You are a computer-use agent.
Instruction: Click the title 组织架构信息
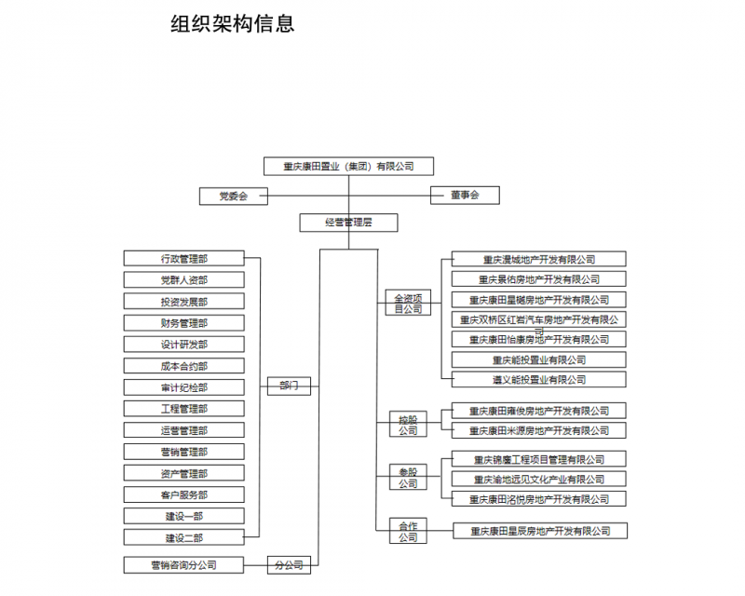pyautogui.click(x=233, y=24)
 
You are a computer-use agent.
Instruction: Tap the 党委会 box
pyautogui.click(x=233, y=196)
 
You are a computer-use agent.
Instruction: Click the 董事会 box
pyautogui.click(x=464, y=195)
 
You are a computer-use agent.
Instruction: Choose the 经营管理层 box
pyautogui.click(x=348, y=223)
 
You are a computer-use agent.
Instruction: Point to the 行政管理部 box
pyautogui.click(x=183, y=258)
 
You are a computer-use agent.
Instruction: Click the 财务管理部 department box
pyautogui.click(x=183, y=323)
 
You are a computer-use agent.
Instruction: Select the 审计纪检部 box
pyautogui.click(x=183, y=387)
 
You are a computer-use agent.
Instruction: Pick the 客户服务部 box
pyautogui.click(x=183, y=494)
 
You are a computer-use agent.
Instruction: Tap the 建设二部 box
pyautogui.click(x=183, y=537)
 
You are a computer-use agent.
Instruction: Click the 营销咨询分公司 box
pyautogui.click(x=183, y=564)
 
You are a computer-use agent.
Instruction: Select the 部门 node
pyautogui.click(x=289, y=386)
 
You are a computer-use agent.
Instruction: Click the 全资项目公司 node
pyautogui.click(x=408, y=303)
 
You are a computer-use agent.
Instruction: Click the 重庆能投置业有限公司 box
pyautogui.click(x=539, y=359)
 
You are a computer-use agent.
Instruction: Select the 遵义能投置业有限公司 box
pyautogui.click(x=539, y=380)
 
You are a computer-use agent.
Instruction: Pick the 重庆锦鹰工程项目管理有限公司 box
pyautogui.click(x=539, y=459)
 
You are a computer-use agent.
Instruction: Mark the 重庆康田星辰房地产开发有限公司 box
pyautogui.click(x=540, y=531)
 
